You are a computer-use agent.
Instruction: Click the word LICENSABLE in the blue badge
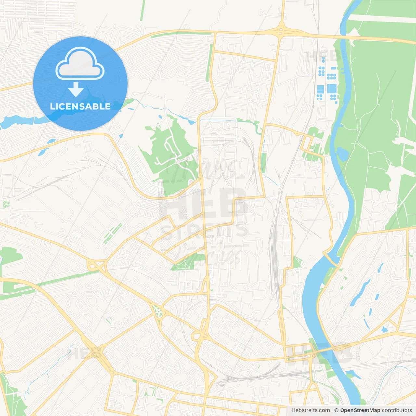pos(80,106)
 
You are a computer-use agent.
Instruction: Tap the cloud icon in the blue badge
pos(80,63)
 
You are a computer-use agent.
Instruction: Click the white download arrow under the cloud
pos(76,89)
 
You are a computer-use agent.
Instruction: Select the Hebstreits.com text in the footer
pos(310,410)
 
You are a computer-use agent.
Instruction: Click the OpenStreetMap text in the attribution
pos(360,410)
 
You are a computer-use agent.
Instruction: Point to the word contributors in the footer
pos(397,410)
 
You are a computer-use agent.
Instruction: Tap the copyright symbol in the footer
pos(337,410)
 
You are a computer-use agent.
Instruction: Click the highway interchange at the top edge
pos(281,31)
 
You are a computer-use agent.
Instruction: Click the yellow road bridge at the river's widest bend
pos(332,260)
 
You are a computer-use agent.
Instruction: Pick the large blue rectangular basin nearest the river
pos(331,88)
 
